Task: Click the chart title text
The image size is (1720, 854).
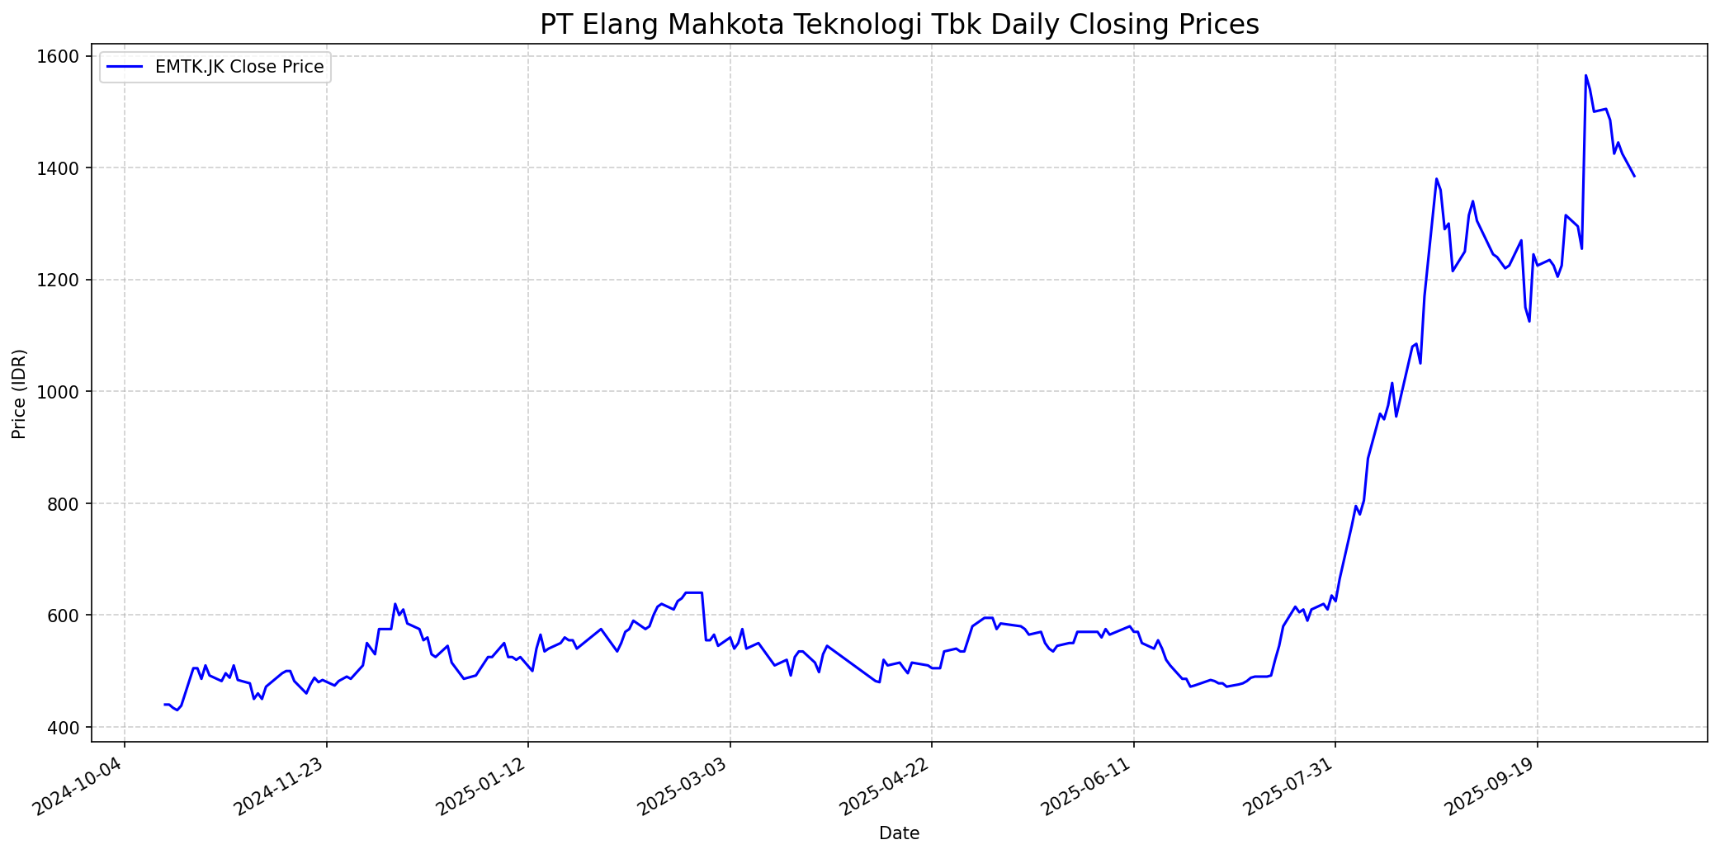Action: [x=899, y=24]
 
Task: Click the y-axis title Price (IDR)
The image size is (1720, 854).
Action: [x=19, y=394]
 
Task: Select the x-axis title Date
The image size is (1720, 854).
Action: [x=899, y=833]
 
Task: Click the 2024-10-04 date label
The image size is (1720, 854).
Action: [x=78, y=785]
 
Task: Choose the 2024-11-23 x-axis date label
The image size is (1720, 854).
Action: [x=281, y=785]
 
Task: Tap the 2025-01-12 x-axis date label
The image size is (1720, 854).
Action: [x=483, y=785]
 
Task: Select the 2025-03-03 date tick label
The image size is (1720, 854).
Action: [x=684, y=785]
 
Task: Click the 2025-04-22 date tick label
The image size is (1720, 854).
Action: [x=886, y=785]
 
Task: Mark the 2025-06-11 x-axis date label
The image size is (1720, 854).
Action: [x=1088, y=785]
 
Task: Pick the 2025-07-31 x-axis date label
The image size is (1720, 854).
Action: [x=1290, y=785]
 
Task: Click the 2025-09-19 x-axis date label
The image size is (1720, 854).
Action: [x=1491, y=785]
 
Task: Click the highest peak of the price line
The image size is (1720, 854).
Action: [x=1585, y=75]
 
